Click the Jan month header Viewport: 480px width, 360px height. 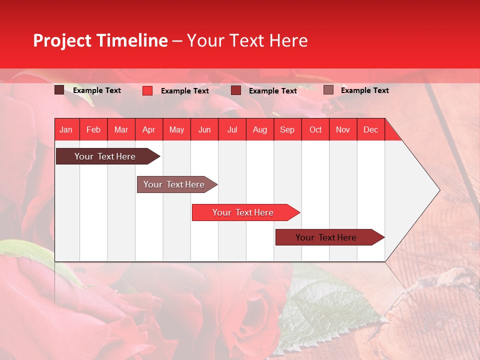point(66,129)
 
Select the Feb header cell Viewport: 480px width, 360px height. point(93,129)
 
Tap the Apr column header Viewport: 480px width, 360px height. point(148,129)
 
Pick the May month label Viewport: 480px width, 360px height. point(176,129)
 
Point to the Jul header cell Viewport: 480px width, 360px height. point(232,129)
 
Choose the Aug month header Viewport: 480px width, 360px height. point(259,129)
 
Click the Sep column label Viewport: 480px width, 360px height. point(287,129)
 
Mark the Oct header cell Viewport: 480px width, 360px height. point(315,129)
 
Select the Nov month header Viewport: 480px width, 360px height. point(343,129)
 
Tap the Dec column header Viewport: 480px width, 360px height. point(370,129)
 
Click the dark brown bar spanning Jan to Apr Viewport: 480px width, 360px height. point(105,156)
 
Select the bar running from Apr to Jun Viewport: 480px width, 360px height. point(174,184)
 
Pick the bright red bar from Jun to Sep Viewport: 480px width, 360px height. point(243,212)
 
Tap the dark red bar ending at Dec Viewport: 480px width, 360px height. point(326,237)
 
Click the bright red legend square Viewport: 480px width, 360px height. point(147,90)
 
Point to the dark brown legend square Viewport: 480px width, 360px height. point(59,90)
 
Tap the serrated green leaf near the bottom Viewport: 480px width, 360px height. point(330,305)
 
